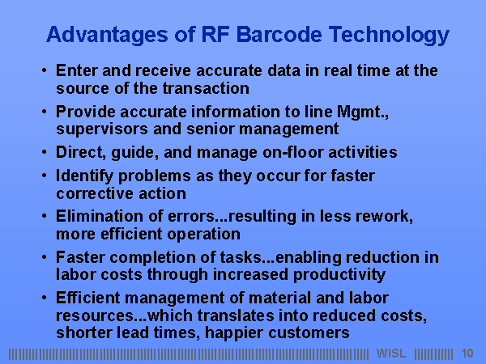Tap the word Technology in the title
[x=389, y=36]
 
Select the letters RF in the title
[x=215, y=34]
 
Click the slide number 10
[x=467, y=353]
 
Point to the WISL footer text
[x=391, y=353]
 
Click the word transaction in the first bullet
[x=206, y=88]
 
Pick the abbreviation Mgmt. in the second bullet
[x=362, y=112]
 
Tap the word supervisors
[x=102, y=129]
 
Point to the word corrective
[x=95, y=194]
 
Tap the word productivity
[x=339, y=275]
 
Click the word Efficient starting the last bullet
[x=88, y=298]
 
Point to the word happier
[x=234, y=333]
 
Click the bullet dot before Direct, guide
[x=45, y=152]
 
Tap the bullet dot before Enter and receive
[x=45, y=70]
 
